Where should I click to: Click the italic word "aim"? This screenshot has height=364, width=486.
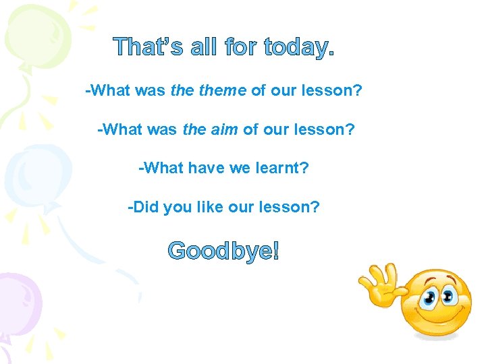(225, 129)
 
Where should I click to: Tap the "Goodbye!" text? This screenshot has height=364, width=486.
(223, 251)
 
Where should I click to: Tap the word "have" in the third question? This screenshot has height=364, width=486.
(202, 168)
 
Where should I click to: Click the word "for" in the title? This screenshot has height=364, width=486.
(241, 47)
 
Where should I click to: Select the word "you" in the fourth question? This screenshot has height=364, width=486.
(178, 207)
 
